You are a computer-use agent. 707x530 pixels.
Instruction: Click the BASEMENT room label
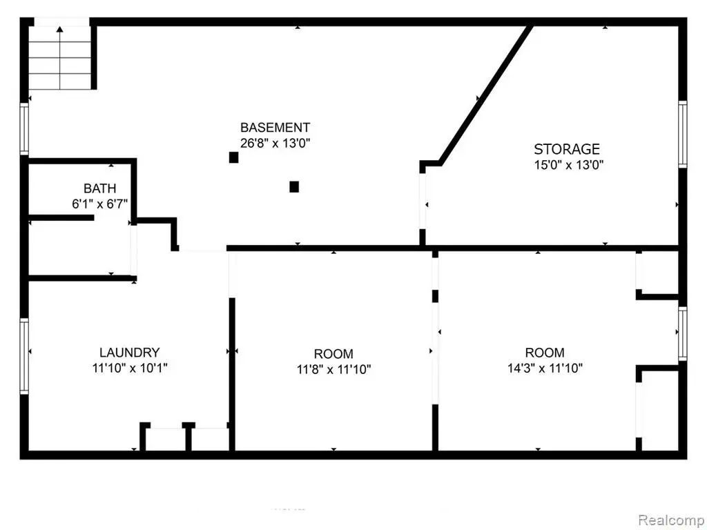click(x=275, y=128)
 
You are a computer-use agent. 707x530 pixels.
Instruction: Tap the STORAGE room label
click(x=567, y=149)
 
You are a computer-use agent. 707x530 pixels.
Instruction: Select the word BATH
click(x=99, y=188)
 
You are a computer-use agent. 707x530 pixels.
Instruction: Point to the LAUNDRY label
click(x=129, y=352)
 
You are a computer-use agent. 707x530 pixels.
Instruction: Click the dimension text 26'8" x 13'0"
click(x=275, y=144)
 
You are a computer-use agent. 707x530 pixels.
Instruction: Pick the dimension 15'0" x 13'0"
click(x=569, y=165)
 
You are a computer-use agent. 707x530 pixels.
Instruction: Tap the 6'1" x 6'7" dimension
click(x=100, y=204)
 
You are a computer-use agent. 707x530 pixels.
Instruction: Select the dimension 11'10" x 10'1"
click(x=130, y=369)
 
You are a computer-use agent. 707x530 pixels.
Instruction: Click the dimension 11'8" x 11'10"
click(x=333, y=370)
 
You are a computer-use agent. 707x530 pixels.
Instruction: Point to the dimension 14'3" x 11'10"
click(x=545, y=369)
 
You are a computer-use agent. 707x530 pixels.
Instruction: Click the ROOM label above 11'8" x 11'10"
click(x=333, y=354)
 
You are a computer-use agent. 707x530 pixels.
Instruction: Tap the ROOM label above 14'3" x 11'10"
click(x=545, y=352)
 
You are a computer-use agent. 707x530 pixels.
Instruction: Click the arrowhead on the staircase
click(x=60, y=29)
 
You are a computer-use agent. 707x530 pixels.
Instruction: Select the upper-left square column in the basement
click(x=233, y=157)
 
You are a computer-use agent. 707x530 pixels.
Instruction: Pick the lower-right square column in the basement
click(x=294, y=186)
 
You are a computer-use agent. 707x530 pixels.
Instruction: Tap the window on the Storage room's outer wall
click(x=683, y=135)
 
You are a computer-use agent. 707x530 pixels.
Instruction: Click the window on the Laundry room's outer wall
click(x=24, y=356)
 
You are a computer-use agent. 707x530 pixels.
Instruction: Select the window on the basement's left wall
click(x=24, y=129)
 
